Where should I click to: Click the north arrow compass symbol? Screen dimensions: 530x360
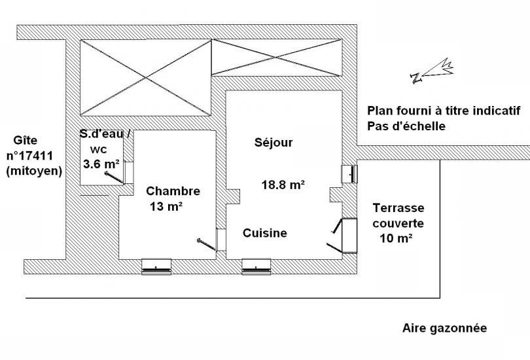[432, 71]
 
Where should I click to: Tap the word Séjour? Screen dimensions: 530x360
[274, 142]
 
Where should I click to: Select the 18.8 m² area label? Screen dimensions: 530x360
[283, 185]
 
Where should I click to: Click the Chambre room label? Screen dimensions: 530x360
[173, 191]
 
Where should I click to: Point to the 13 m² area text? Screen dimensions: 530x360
[166, 206]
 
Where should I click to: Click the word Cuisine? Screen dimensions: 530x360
[265, 233]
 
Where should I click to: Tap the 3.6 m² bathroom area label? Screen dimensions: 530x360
[101, 164]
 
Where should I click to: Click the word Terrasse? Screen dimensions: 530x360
[398, 207]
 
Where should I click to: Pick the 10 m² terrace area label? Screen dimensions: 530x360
[396, 238]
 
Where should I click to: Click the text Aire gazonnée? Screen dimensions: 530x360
[444, 328]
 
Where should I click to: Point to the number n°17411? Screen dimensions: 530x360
[29, 156]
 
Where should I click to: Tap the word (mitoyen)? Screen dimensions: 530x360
[34, 171]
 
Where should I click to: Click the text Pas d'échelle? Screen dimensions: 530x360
[406, 126]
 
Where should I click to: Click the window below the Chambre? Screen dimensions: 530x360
[156, 266]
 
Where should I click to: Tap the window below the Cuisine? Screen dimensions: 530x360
[256, 266]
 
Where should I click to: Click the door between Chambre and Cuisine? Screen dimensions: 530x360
[212, 240]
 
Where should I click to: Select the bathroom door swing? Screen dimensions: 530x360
[119, 173]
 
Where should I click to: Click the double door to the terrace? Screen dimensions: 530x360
[342, 236]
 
